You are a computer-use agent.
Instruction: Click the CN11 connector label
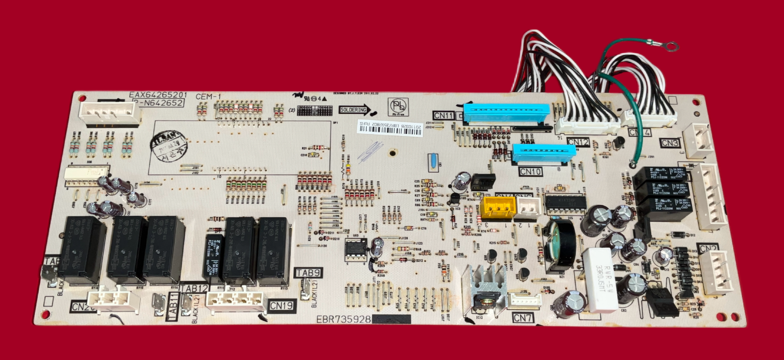(x=443, y=116)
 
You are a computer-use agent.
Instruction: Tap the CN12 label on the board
(x=578, y=142)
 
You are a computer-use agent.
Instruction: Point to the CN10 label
(x=531, y=172)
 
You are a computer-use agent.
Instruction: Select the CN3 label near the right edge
(x=670, y=143)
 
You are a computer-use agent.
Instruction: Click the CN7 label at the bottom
(x=523, y=318)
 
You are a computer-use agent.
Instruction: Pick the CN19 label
(x=281, y=306)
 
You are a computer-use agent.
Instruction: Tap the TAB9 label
(x=308, y=273)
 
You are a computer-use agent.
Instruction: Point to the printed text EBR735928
(x=343, y=319)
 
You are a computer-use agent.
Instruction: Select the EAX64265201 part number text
(x=158, y=95)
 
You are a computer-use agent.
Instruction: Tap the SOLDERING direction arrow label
(x=354, y=110)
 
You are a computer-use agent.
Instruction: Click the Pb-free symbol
(x=398, y=106)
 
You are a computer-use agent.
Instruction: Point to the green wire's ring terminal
(x=671, y=47)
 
